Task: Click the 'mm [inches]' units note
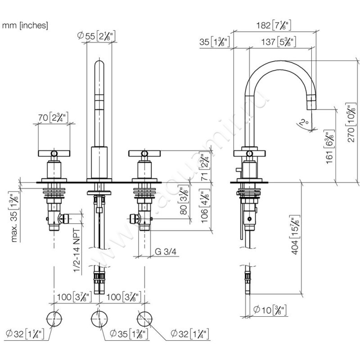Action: [x=25, y=25]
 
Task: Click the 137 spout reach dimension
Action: [x=280, y=42]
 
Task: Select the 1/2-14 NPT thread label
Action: [x=77, y=253]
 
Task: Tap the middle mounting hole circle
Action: [x=99, y=319]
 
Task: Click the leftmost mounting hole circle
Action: [x=54, y=319]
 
